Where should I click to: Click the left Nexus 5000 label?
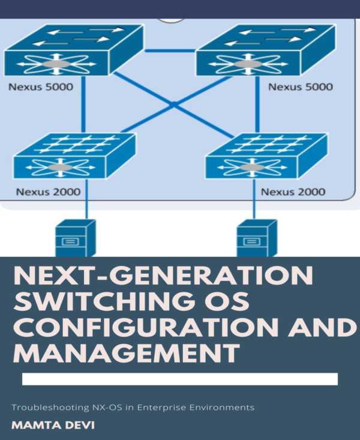coord(40,87)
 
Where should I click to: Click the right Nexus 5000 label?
coord(300,87)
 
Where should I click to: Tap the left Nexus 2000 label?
coord(49,192)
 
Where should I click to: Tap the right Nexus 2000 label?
coord(293,192)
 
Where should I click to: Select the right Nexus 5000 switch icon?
coord(265,50)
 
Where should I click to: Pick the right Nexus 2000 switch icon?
coord(266,156)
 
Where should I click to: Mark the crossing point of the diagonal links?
coord(172,105)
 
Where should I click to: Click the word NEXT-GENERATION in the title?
coord(163,277)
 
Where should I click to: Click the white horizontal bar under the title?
coord(179,379)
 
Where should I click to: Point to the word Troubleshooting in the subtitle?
coord(47,408)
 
